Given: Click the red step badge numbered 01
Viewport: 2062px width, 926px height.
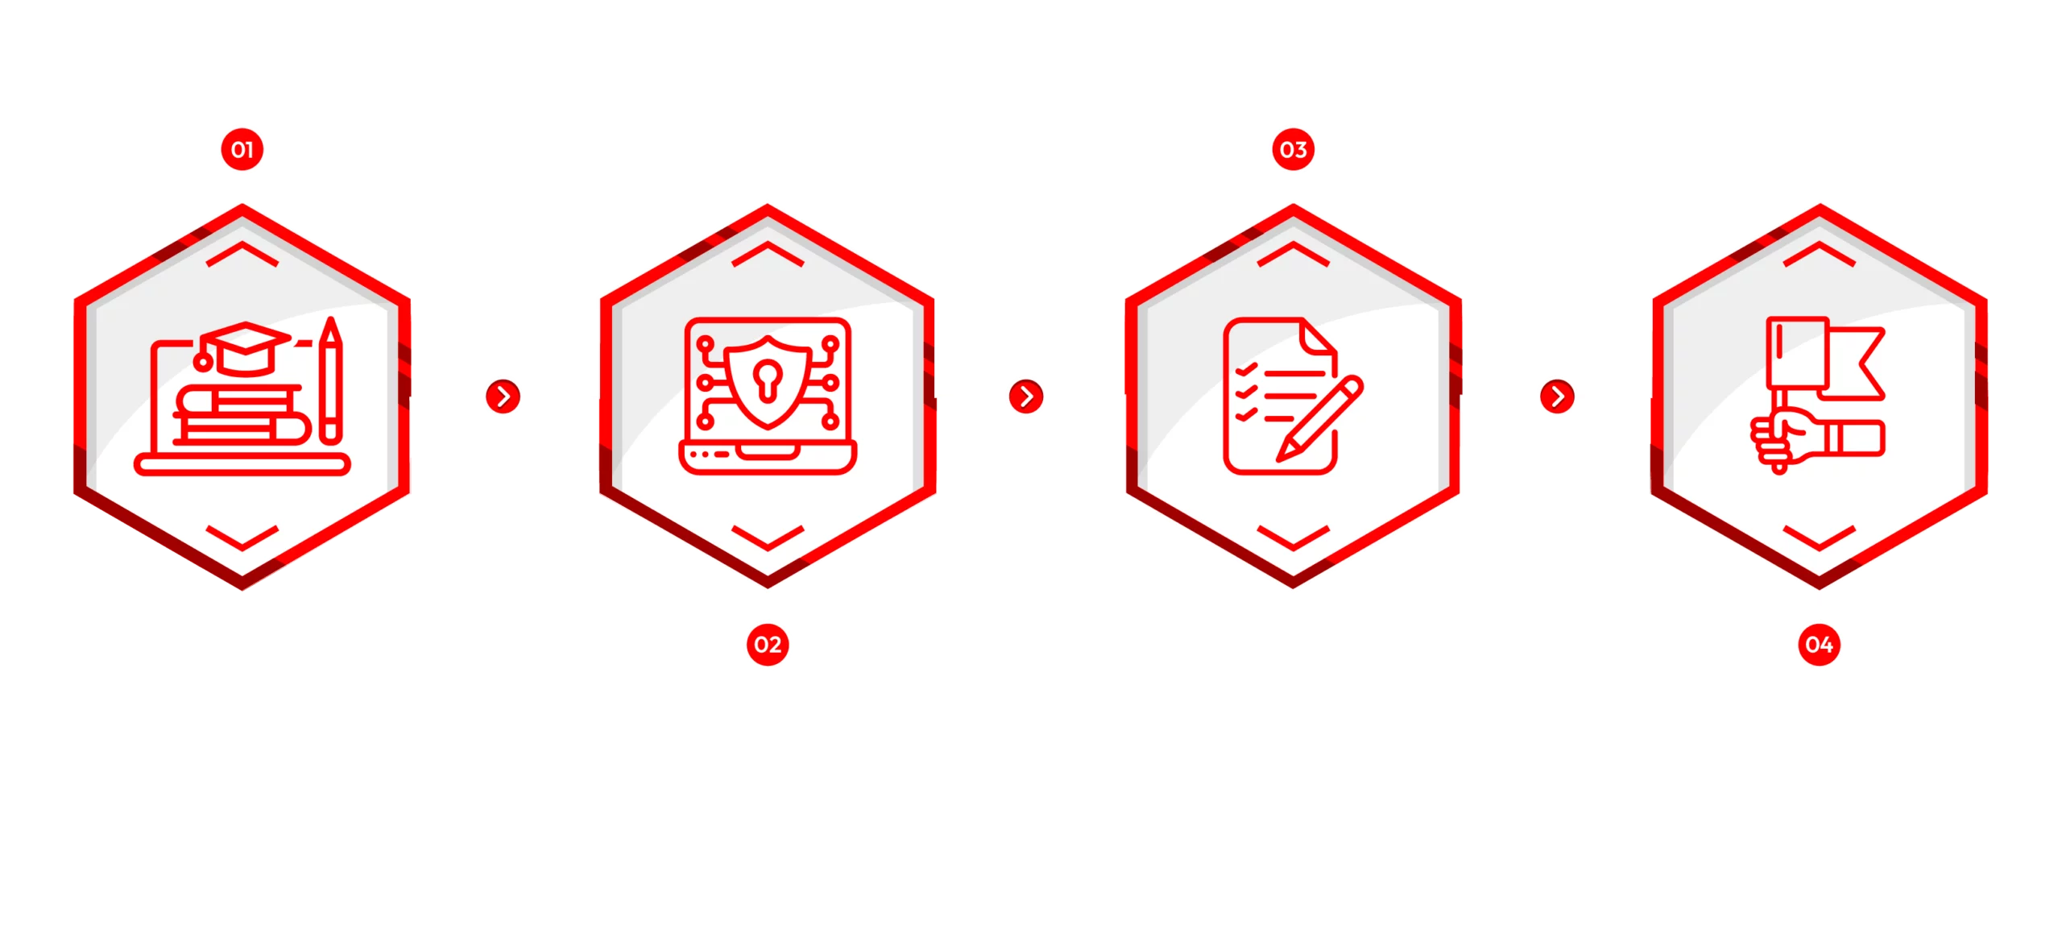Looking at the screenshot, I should (x=242, y=150).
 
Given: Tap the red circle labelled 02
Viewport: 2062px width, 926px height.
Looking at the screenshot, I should (x=768, y=644).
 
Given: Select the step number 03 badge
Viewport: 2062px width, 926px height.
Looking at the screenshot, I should (x=1293, y=150).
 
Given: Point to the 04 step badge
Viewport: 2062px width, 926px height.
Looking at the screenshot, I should (x=1819, y=644).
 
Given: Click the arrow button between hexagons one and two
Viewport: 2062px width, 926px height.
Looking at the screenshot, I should (x=503, y=397).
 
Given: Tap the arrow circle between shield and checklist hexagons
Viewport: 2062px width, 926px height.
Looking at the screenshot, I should (x=1026, y=397).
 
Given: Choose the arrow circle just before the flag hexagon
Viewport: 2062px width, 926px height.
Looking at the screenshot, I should (x=1557, y=397).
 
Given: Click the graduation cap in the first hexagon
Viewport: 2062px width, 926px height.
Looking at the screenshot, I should (x=245, y=347).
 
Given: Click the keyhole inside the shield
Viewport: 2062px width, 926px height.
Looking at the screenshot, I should (x=767, y=376).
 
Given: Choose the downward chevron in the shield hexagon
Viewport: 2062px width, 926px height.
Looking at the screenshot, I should (x=768, y=538).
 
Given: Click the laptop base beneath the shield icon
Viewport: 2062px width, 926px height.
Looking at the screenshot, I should (x=768, y=457).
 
